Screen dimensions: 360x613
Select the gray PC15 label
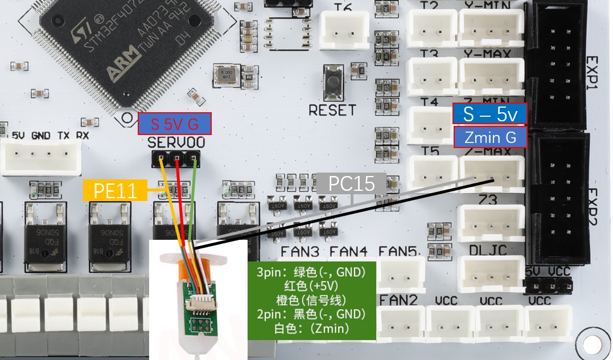tap(351, 183)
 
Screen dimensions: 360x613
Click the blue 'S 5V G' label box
tap(174, 124)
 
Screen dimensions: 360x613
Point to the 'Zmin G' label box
tap(490, 137)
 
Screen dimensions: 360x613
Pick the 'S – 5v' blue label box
tap(490, 114)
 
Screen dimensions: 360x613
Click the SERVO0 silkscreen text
tap(176, 142)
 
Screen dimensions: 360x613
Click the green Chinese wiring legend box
tap(312, 300)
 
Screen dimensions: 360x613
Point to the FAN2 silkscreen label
tap(398, 300)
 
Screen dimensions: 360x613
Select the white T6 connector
tap(344, 28)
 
